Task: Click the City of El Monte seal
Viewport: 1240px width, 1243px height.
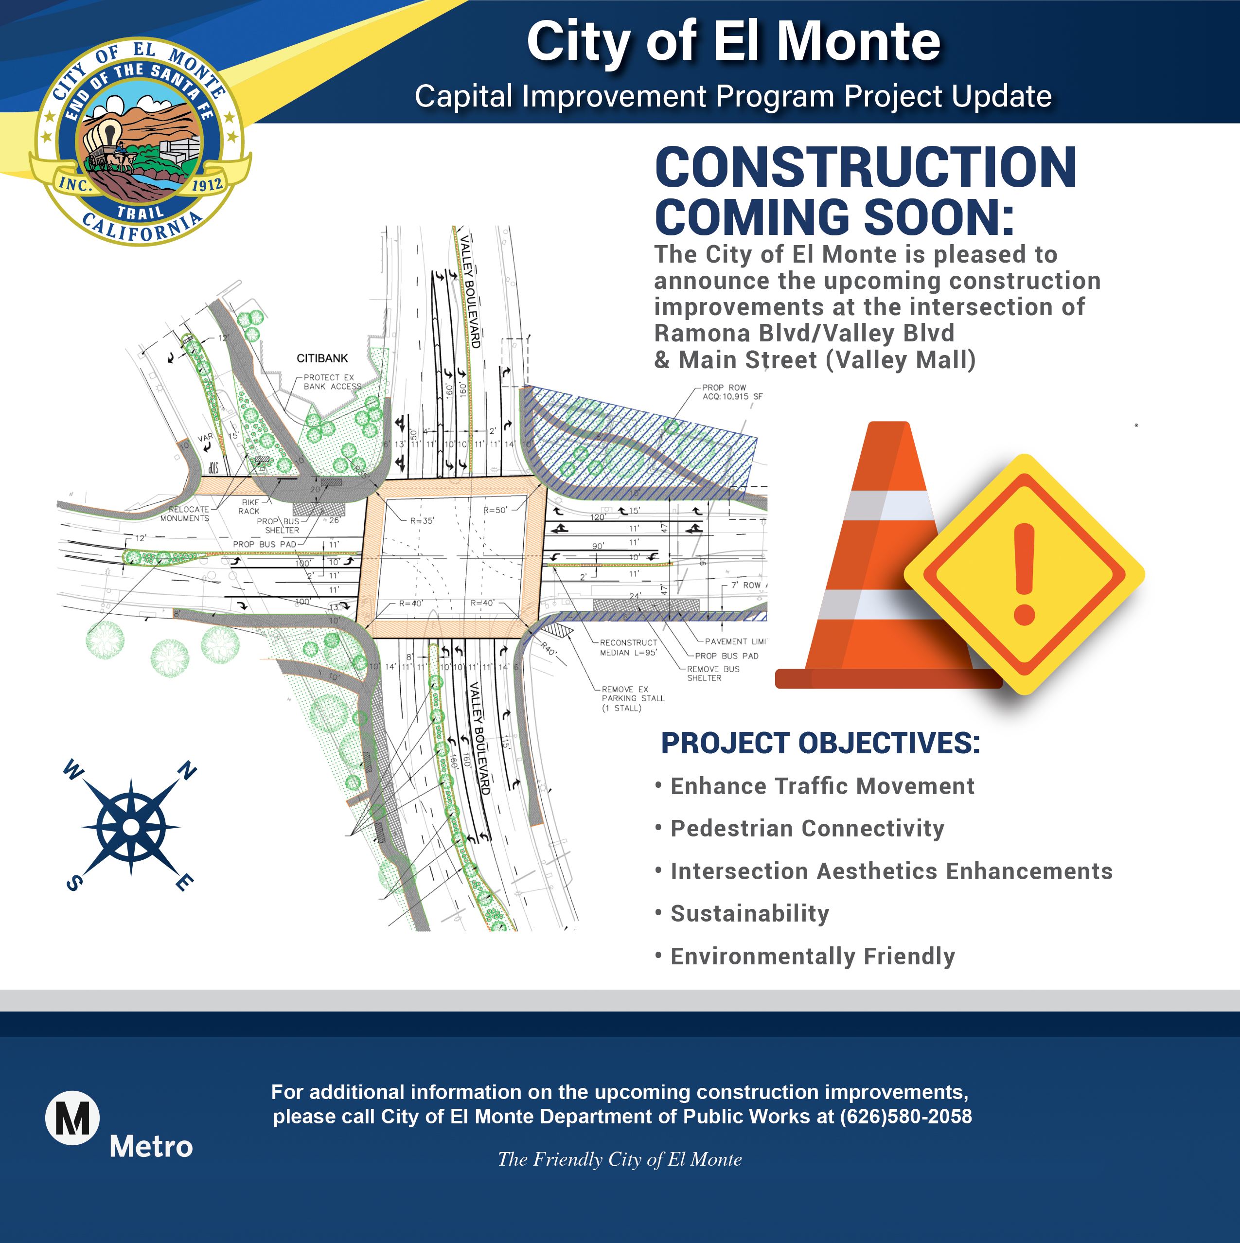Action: click(140, 142)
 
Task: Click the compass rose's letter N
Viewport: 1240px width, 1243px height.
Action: click(187, 770)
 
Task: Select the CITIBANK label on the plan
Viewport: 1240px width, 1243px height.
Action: click(322, 358)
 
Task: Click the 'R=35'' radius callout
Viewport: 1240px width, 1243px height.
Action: click(422, 520)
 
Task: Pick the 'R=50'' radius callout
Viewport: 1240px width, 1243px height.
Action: click(496, 510)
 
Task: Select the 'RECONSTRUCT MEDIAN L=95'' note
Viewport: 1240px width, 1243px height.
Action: click(628, 647)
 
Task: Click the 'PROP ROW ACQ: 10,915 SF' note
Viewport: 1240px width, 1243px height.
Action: click(732, 392)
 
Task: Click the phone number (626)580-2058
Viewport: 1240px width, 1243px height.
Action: click(905, 1116)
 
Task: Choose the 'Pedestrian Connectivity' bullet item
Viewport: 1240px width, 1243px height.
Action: click(807, 829)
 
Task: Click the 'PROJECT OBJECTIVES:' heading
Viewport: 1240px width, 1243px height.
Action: click(820, 743)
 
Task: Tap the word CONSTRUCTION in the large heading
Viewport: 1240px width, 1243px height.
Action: click(866, 167)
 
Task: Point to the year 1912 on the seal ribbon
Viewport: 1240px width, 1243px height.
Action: click(207, 186)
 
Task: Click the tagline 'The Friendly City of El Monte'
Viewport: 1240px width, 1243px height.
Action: click(619, 1159)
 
